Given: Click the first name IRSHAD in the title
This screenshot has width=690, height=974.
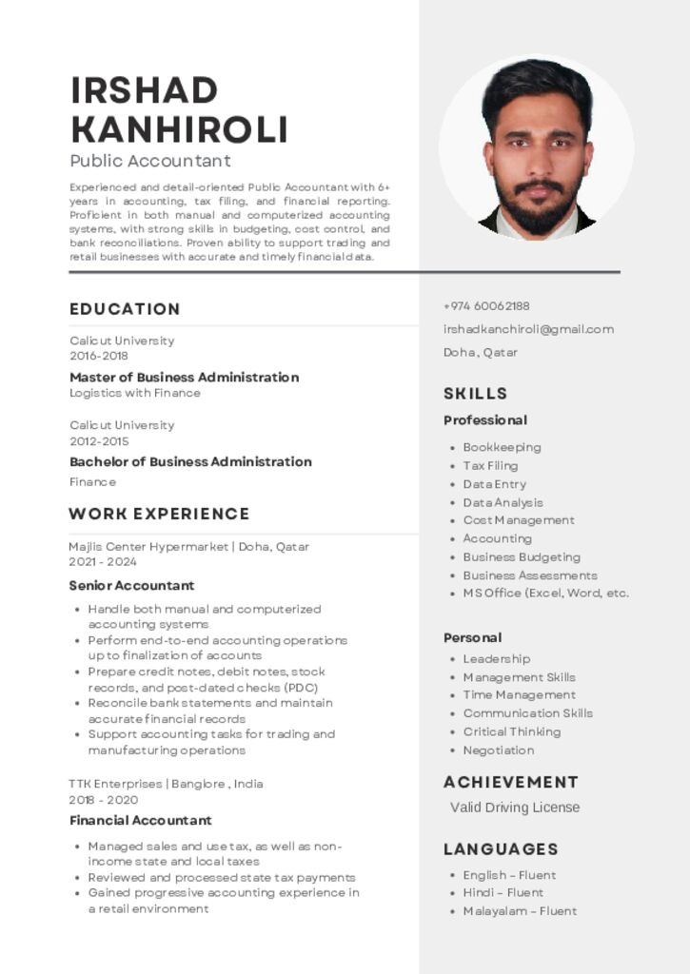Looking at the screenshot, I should [x=144, y=91].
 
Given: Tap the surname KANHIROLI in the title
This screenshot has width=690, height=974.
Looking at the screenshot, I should [x=179, y=129].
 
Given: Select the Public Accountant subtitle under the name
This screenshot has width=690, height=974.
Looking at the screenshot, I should [x=149, y=161].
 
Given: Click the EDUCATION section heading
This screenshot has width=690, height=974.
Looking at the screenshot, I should [x=125, y=309].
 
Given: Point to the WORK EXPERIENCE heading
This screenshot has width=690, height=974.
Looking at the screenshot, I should [x=159, y=515].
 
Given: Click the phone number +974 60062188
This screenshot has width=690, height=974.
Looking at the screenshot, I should [x=486, y=306].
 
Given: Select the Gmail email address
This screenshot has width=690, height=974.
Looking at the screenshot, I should [x=528, y=329].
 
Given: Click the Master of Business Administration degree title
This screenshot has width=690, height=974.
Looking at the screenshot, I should [x=184, y=377].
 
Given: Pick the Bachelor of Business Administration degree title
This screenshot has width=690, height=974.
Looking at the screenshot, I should [x=190, y=461].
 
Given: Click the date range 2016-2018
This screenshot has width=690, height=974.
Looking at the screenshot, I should [x=99, y=356].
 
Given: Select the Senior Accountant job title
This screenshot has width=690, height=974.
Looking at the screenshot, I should [x=131, y=585].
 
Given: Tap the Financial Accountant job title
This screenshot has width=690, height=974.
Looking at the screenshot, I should [x=140, y=820].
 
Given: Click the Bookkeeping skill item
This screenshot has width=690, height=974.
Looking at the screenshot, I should [x=502, y=447].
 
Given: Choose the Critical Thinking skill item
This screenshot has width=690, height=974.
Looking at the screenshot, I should [x=511, y=731].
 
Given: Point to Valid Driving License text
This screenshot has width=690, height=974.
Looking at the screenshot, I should [x=514, y=808].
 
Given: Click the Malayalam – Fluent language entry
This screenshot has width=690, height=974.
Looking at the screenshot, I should [x=520, y=911].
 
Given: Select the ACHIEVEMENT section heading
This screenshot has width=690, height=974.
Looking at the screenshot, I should [x=510, y=782].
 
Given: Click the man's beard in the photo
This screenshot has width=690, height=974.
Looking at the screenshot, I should [x=538, y=209].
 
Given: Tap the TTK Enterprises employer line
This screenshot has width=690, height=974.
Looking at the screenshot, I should [x=166, y=784].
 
